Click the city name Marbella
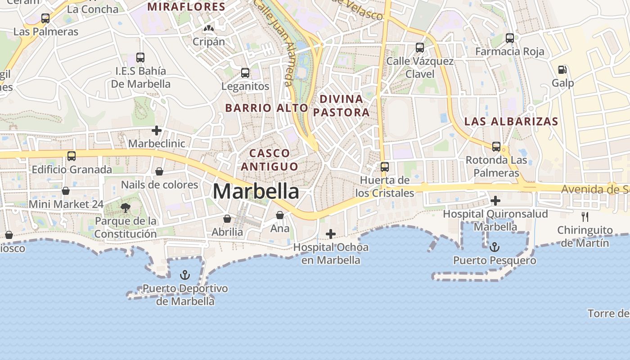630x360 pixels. pyautogui.click(x=256, y=191)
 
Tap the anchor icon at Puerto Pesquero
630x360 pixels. pyautogui.click(x=495, y=247)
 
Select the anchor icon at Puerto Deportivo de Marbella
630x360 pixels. pyautogui.click(x=184, y=274)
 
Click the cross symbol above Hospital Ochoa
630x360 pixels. pyautogui.click(x=331, y=234)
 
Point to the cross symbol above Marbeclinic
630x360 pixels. pyautogui.click(x=157, y=131)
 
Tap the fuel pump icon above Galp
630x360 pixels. pyautogui.click(x=562, y=70)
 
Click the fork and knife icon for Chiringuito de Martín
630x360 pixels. pyautogui.click(x=585, y=217)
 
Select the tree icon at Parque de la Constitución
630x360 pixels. pyautogui.click(x=126, y=207)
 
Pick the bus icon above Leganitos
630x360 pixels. pyautogui.click(x=245, y=72)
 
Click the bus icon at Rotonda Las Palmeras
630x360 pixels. pyautogui.click(x=496, y=147)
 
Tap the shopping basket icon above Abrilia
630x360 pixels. pyautogui.click(x=227, y=219)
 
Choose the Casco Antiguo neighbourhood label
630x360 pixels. pyautogui.click(x=270, y=160)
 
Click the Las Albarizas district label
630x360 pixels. pyautogui.click(x=511, y=121)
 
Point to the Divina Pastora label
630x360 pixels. pyautogui.click(x=341, y=105)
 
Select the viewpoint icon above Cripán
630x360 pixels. pyautogui.click(x=208, y=28)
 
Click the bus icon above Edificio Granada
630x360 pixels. pyautogui.click(x=72, y=156)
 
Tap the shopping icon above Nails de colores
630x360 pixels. pyautogui.click(x=159, y=171)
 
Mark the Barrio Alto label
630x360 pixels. pyautogui.click(x=266, y=108)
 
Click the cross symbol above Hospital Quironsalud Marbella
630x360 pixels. pyautogui.click(x=495, y=201)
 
